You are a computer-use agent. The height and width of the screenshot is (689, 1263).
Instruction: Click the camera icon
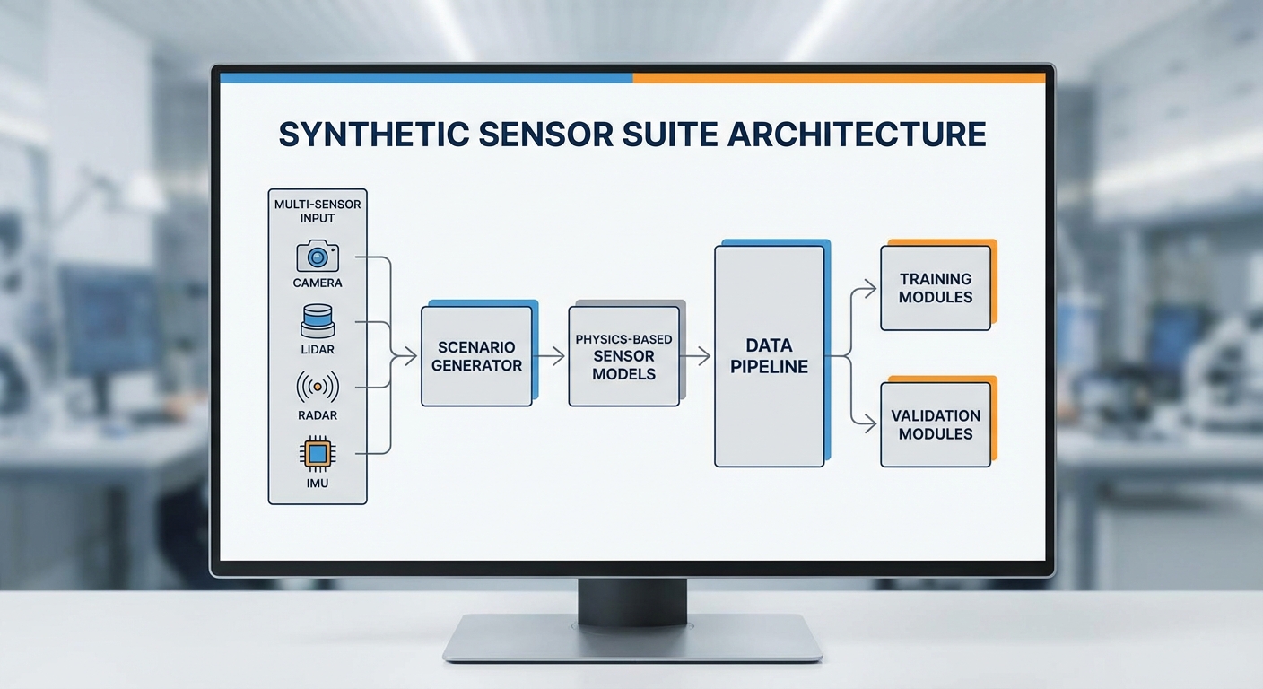[318, 257]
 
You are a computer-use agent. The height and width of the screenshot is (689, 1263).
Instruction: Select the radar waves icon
[317, 387]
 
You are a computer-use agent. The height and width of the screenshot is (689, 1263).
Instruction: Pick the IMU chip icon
[317, 454]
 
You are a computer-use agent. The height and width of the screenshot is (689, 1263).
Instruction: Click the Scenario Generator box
[475, 356]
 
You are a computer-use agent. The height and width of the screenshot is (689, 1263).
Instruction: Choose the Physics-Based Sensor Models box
[623, 356]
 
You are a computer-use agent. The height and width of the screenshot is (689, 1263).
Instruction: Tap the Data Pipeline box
[769, 355]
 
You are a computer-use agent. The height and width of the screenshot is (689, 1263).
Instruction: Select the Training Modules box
[935, 288]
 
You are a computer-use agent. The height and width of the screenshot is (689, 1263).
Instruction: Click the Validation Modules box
[935, 424]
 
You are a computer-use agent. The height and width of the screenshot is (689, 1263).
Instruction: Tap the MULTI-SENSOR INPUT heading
[318, 211]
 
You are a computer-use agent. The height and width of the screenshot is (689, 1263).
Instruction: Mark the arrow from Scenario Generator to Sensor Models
[549, 356]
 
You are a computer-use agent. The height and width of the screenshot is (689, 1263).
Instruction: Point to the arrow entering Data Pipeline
[696, 356]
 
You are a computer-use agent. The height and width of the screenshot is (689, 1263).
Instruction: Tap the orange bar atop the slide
[839, 78]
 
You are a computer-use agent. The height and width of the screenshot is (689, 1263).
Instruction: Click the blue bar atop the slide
[426, 78]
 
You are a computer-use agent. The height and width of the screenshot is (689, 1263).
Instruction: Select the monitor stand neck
[631, 599]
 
